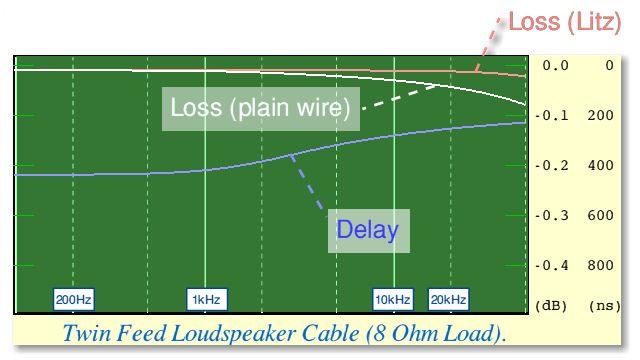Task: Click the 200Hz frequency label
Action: [x=73, y=300]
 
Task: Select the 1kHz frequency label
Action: [x=207, y=300]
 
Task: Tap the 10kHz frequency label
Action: [x=393, y=300]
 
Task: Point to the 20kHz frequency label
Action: [x=449, y=300]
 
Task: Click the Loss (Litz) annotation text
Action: [x=565, y=22]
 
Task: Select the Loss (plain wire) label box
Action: [x=261, y=109]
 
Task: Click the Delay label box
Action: [x=369, y=231]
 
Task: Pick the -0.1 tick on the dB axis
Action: [x=552, y=116]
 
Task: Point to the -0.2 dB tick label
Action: [x=552, y=166]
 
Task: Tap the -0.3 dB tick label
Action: [x=552, y=216]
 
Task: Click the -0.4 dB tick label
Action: [x=552, y=266]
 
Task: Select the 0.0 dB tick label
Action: [x=556, y=66]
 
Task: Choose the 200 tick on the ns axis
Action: [x=600, y=116]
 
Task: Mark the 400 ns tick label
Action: [x=600, y=166]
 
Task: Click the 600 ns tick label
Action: [x=600, y=216]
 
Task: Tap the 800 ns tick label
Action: [x=600, y=266]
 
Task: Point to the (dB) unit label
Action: [x=551, y=306]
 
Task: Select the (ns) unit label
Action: [x=604, y=306]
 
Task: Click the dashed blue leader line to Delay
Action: [x=308, y=186]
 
